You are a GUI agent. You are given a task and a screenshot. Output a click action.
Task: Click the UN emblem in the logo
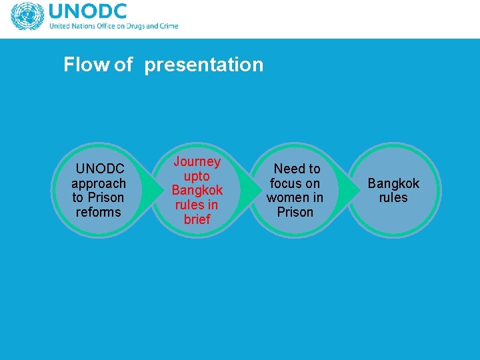point(27,17)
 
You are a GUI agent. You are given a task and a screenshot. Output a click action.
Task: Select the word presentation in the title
point(203,65)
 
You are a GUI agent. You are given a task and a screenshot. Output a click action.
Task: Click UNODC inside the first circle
point(99,169)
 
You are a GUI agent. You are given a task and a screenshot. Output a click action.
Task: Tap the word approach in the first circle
point(99,183)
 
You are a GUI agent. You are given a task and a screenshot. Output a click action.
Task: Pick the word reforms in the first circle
point(99,212)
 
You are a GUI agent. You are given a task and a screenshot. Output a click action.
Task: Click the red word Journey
point(197,162)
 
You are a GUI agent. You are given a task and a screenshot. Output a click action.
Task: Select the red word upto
point(197,176)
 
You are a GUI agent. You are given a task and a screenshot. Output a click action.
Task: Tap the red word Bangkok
point(197,191)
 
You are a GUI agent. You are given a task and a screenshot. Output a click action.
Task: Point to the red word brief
point(197,219)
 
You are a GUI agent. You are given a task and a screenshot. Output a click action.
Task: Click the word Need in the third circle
point(287,169)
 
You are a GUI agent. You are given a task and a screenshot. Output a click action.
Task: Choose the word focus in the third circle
point(286,183)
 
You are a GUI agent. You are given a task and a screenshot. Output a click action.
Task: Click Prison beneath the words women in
point(295,212)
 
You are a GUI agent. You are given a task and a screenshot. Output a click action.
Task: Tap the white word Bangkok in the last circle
point(393,183)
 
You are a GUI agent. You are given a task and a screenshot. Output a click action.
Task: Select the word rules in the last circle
point(393,197)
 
